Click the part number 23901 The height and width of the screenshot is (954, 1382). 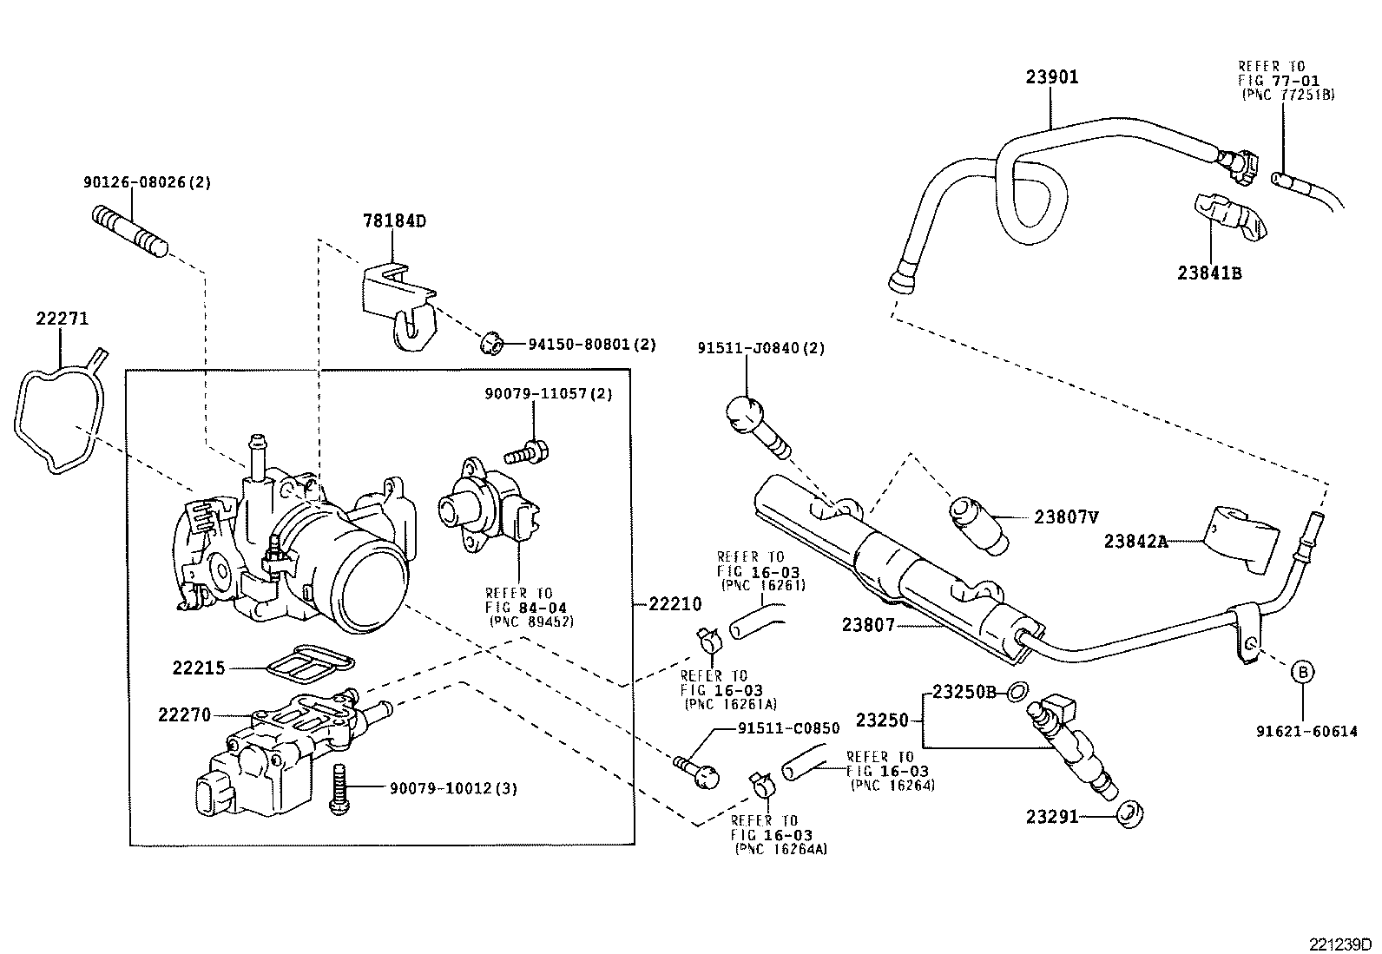[x=1051, y=77]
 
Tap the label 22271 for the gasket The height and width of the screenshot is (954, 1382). [x=62, y=319]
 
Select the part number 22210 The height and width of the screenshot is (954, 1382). [x=675, y=604]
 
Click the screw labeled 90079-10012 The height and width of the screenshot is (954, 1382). [x=340, y=790]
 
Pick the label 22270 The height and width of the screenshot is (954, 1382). [x=184, y=715]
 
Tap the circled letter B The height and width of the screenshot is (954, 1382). [x=1302, y=671]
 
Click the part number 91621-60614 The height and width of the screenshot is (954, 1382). [x=1306, y=732]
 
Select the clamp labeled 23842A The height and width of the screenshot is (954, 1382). [x=1240, y=539]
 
